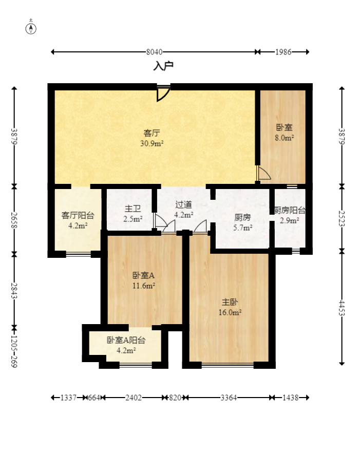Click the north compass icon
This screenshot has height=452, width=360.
coord(31,28)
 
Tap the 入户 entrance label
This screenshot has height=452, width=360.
coord(163,66)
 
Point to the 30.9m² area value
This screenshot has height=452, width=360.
coord(151,143)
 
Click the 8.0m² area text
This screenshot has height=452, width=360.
coord(284,138)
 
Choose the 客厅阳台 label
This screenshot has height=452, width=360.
coord(78,215)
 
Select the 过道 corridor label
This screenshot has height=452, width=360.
coord(183,205)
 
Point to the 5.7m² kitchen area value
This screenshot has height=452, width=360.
coord(242,228)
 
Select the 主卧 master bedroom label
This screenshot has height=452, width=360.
coord(230,302)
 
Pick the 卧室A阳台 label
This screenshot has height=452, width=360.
coord(126,340)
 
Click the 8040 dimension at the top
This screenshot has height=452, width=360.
coord(154,52)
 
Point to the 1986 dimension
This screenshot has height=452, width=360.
coord(283,52)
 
